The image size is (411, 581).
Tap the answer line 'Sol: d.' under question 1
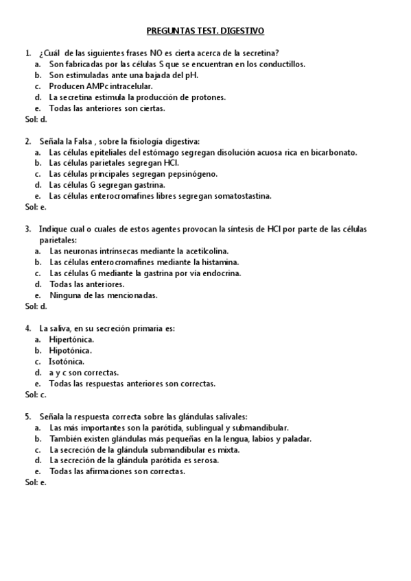[x=36, y=119]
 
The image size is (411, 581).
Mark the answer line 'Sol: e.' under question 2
[x=36, y=207]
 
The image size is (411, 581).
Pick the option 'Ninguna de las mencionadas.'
[x=94, y=295]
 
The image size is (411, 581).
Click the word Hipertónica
[x=71, y=340]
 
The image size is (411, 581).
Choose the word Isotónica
[x=67, y=362]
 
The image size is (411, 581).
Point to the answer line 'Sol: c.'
[x=36, y=395]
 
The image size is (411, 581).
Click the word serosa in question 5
[x=206, y=461]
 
